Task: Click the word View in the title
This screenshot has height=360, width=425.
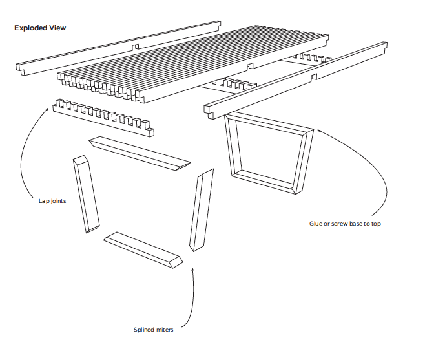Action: click(x=58, y=28)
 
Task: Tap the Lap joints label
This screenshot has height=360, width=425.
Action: click(x=52, y=200)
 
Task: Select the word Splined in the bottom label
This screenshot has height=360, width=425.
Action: click(x=145, y=330)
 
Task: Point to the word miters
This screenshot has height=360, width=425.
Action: click(x=165, y=330)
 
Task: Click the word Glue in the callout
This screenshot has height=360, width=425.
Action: click(x=316, y=224)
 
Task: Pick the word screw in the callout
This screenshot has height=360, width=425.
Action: click(x=340, y=224)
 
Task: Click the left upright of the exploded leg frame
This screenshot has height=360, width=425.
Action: click(x=86, y=194)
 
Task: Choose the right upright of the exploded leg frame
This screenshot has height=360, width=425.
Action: click(x=201, y=210)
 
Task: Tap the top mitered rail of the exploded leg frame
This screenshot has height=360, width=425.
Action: click(x=140, y=154)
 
